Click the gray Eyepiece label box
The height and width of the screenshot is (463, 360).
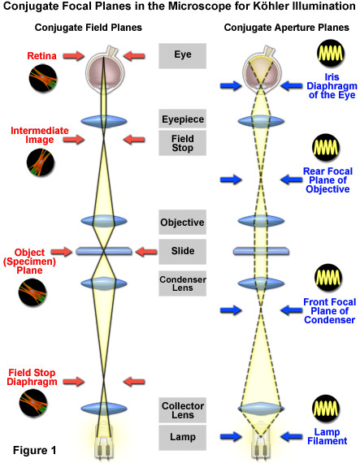coord(182,119)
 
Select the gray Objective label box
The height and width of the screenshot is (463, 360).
coord(182,222)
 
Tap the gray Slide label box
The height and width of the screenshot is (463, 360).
coord(182,251)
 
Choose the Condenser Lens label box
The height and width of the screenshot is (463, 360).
coord(182,283)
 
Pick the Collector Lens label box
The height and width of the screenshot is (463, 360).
coord(182,410)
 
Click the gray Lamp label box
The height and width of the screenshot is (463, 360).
coord(182,437)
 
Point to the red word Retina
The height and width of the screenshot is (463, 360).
coord(41,56)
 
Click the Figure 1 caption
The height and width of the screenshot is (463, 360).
coord(34,450)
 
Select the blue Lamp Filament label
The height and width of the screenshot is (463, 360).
coord(327,436)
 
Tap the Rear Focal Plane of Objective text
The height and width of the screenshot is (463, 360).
coord(327,180)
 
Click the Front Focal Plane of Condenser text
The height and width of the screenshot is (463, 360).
coord(330,310)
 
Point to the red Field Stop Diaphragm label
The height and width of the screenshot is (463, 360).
coord(32,377)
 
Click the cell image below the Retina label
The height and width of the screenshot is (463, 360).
coord(43,78)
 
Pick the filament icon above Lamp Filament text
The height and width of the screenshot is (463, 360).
coord(326,409)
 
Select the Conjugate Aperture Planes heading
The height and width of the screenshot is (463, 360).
coord(287,28)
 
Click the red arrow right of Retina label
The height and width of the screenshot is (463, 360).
coord(73,55)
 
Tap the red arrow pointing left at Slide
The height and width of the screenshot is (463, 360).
coord(146,252)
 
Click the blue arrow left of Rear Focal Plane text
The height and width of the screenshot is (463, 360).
coord(231,180)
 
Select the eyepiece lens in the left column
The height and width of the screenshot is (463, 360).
coord(104,121)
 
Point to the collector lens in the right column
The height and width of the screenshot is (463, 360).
coord(261,409)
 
